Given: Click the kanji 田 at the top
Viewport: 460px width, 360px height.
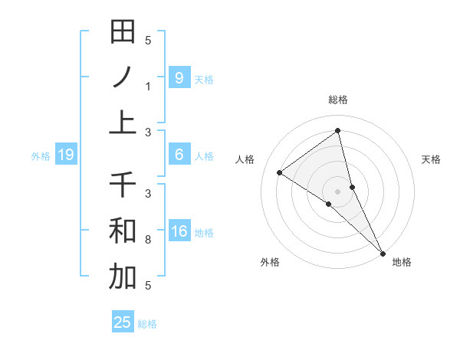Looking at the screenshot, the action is (x=123, y=32).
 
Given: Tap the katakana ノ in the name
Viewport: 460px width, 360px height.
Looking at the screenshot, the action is (x=123, y=77).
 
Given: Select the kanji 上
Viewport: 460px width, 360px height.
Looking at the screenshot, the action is (x=123, y=123).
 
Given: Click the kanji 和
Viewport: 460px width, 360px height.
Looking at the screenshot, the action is (x=123, y=231).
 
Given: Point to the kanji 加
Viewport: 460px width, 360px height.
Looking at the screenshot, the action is (x=123, y=277).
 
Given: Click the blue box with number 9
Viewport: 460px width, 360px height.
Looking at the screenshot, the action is (x=179, y=77).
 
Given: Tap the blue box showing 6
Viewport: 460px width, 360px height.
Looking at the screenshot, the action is (x=179, y=155).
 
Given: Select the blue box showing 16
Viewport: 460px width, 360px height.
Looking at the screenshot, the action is (x=179, y=231).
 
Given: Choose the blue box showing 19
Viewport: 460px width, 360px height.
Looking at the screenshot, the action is (x=65, y=155).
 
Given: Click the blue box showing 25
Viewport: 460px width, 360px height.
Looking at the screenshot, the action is (x=123, y=322).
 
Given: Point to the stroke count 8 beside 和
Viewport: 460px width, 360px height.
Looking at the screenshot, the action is (x=148, y=240).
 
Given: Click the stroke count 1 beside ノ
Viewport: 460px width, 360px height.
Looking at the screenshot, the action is (x=148, y=87).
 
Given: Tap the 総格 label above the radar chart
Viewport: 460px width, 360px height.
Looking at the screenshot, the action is (x=338, y=100).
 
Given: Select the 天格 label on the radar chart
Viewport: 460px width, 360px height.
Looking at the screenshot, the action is (x=431, y=159).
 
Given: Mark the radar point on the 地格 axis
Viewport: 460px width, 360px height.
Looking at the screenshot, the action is (x=382, y=252).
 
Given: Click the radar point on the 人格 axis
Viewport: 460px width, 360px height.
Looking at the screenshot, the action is (x=280, y=172).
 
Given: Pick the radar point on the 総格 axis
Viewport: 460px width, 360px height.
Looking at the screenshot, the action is (x=338, y=131).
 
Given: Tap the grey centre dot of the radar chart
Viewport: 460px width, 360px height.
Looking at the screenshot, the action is (x=338, y=191).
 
